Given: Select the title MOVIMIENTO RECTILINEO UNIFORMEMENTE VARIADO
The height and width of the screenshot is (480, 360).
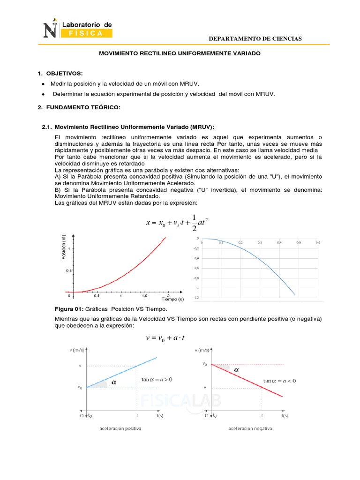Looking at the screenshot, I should click(x=180, y=54).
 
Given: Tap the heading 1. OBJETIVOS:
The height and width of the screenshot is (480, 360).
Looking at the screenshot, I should click(x=60, y=74).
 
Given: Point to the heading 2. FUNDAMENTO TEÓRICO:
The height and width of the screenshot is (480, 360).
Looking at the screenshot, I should click(x=79, y=108).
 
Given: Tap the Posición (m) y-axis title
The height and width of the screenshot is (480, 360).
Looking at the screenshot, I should click(x=63, y=247).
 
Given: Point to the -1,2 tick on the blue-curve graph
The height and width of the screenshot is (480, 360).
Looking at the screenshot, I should click(x=195, y=298).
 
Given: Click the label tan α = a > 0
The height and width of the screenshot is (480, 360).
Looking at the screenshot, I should click(x=157, y=380).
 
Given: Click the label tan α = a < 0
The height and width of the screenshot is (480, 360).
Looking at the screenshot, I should click(x=279, y=381).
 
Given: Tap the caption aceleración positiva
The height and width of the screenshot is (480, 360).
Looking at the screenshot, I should click(x=121, y=428).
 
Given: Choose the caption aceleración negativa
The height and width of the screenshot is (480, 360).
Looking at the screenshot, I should click(x=250, y=428).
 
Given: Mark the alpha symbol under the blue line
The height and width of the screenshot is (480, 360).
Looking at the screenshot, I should click(x=113, y=383).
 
